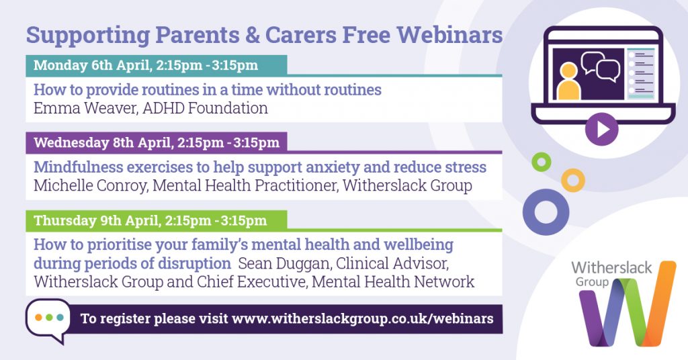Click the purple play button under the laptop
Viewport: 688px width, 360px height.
coord(601,129)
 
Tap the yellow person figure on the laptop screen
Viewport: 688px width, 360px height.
coord(568,81)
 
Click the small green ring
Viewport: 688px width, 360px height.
coord(542,163)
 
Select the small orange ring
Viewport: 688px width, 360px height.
coord(573,180)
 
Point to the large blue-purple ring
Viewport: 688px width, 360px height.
coord(527,212)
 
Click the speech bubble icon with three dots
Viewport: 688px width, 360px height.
coord(48,320)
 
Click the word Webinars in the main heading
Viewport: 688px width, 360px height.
coord(449,35)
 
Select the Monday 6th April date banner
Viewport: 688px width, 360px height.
coord(156,65)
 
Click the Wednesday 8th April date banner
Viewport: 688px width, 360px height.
coord(156,142)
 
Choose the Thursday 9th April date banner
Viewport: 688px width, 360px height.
coord(156,220)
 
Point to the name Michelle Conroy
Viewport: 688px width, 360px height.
coord(90,185)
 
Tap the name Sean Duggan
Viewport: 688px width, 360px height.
coord(284,263)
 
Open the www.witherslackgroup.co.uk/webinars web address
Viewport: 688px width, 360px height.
coord(362,319)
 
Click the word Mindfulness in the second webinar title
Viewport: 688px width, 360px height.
coord(78,167)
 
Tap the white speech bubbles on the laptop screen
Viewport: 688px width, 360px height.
coord(600,66)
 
